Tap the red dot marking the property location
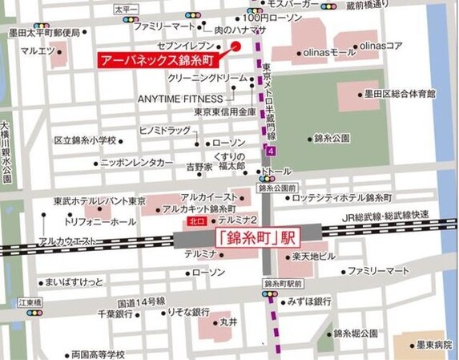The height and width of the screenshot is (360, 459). point(236,46)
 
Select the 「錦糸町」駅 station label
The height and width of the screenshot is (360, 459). point(251,237)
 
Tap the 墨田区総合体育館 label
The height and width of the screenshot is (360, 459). point(397,94)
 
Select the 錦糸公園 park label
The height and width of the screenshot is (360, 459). point(332,139)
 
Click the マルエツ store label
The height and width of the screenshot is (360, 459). point(38,51)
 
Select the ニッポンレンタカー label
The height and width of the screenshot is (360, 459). point(137,162)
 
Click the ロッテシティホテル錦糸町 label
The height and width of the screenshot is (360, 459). point(340,196)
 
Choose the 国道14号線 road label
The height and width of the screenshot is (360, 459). point(141,302)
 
